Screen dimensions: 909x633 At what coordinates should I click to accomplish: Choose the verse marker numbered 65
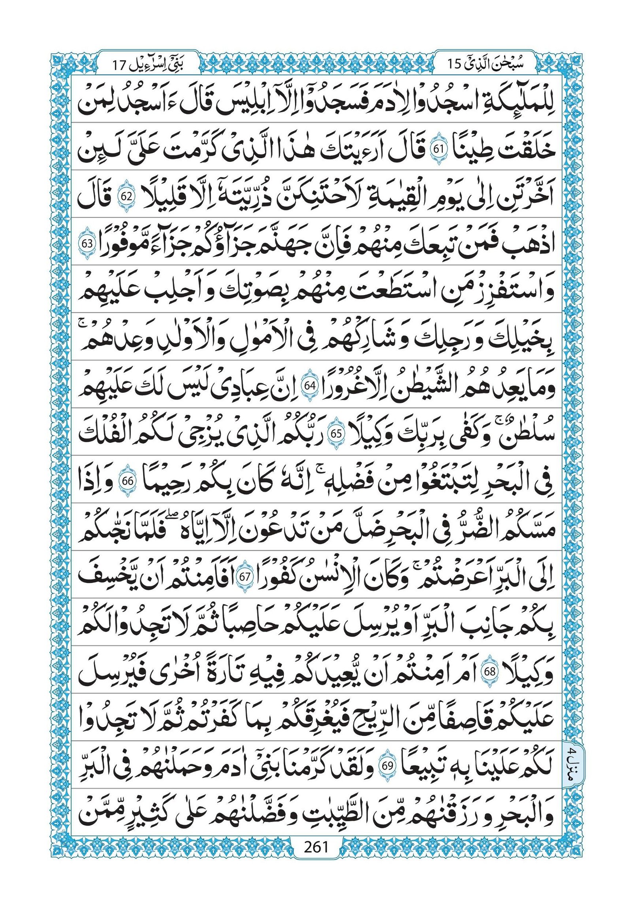pos(336,433)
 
